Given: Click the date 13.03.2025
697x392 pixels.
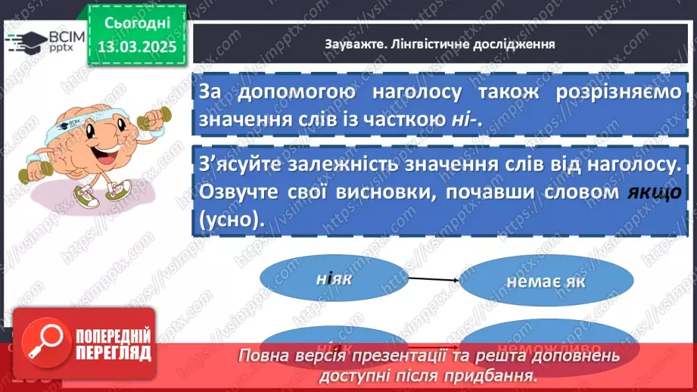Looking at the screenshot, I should click(x=136, y=46).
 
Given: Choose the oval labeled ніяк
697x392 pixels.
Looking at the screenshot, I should click(x=334, y=279).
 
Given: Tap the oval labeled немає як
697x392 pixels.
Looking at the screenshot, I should click(x=547, y=282).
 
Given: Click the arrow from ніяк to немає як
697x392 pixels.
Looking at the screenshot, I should click(x=434, y=279).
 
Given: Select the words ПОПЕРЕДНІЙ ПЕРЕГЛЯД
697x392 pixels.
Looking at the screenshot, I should click(x=114, y=344).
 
